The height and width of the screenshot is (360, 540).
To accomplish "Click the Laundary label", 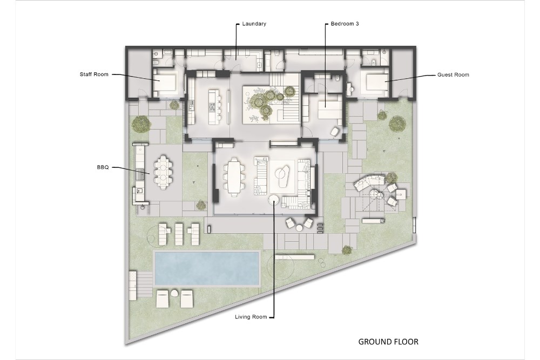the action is pyautogui.click(x=254, y=24).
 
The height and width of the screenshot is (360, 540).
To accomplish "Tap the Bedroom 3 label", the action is pyautogui.click(x=345, y=24).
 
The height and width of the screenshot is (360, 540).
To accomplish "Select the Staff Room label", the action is pyautogui.click(x=94, y=74).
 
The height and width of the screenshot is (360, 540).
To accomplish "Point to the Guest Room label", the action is pyautogui.click(x=453, y=74).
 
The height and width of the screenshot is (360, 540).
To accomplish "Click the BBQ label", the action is pyautogui.click(x=103, y=167).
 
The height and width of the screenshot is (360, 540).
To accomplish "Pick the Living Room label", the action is pyautogui.click(x=251, y=317).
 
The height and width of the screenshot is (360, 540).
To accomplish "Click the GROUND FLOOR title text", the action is pyautogui.click(x=388, y=342).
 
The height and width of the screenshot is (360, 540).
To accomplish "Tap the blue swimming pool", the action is pyautogui.click(x=207, y=268).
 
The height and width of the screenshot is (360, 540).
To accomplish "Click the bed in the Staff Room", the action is pyautogui.click(x=165, y=82).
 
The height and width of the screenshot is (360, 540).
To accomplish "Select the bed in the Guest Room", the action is pyautogui.click(x=376, y=83).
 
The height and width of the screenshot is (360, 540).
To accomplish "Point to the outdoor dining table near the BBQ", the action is pyautogui.click(x=163, y=172).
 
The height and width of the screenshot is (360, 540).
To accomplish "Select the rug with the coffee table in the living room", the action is pyautogui.click(x=282, y=176).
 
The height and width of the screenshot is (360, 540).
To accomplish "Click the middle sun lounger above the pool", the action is pyautogui.click(x=179, y=234).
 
